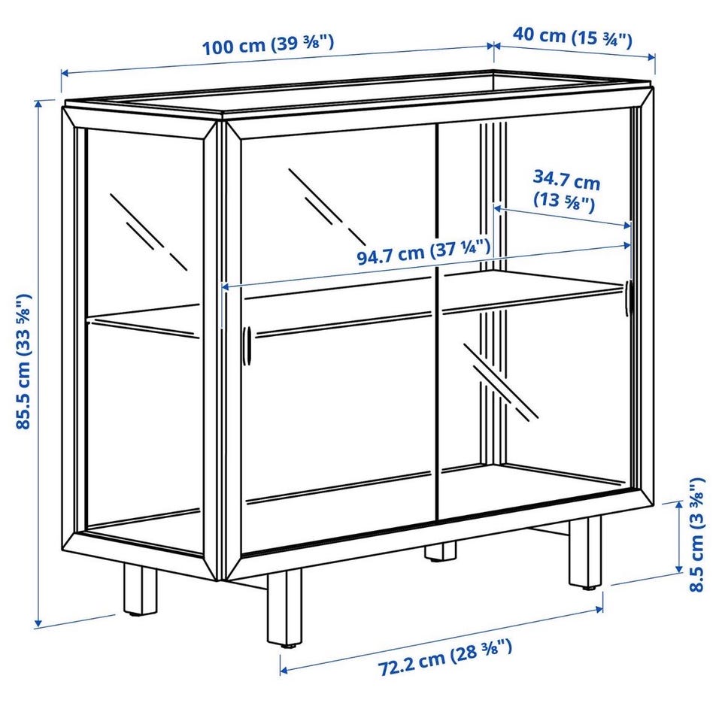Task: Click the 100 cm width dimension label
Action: (x=268, y=44)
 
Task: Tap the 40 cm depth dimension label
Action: (x=572, y=38)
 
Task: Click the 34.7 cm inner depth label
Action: (x=566, y=191)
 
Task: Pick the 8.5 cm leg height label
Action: (x=696, y=534)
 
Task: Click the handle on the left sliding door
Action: (x=247, y=346)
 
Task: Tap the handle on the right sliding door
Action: (x=629, y=298)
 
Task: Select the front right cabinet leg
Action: (x=585, y=553)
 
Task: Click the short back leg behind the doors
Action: (x=440, y=550)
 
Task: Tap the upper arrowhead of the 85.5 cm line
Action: (x=39, y=104)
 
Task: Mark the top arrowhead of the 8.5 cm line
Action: (x=678, y=505)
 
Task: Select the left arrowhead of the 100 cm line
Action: (x=65, y=73)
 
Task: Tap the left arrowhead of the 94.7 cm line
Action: (x=226, y=286)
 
